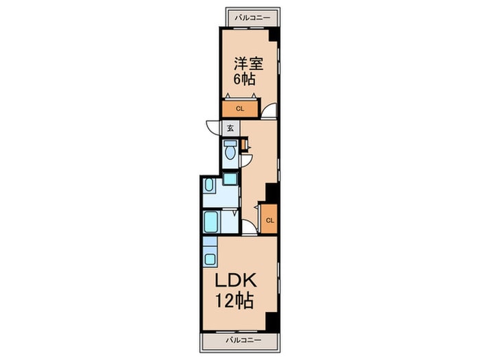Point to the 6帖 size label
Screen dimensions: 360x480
(x=244, y=80)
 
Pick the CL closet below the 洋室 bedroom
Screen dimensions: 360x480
(x=239, y=108)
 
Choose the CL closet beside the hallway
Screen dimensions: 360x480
(x=269, y=219)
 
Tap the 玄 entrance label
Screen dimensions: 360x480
(x=230, y=128)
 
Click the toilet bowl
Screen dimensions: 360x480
(x=230, y=149)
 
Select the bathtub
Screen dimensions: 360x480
(x=213, y=221)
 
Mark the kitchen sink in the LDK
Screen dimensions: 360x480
(x=209, y=259)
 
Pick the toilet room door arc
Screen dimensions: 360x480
(x=246, y=160)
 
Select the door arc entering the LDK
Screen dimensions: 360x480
(x=248, y=227)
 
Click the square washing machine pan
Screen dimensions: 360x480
(x=229, y=180)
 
